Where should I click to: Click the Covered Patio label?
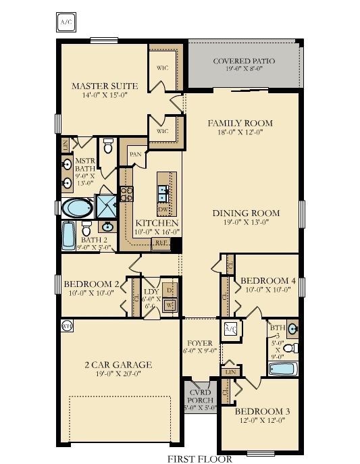click(x=244, y=61)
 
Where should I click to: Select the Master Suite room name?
click(x=105, y=86)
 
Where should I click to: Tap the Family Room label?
click(x=240, y=123)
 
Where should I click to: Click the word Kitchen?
click(x=157, y=223)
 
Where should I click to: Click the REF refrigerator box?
click(x=161, y=242)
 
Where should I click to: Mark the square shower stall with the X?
click(x=107, y=206)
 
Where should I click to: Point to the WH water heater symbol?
click(x=66, y=326)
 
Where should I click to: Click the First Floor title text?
click(x=201, y=459)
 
